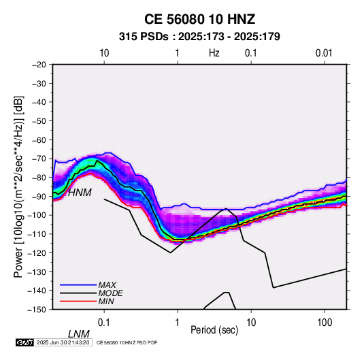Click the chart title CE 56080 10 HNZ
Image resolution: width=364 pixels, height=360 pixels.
tap(199, 19)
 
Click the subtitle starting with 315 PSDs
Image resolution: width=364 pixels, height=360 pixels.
tap(199, 37)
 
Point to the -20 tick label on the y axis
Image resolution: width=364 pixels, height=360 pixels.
tap(39, 65)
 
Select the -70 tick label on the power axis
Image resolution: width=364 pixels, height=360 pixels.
tap(39, 159)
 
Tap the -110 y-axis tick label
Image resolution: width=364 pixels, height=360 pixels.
tap(37, 234)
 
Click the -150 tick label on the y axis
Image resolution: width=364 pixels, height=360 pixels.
tap(37, 310)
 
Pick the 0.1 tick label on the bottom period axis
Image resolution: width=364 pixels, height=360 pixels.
tap(104, 323)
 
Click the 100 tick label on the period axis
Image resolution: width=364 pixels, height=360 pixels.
tap(325, 323)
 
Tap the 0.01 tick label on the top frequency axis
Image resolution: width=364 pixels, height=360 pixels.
tap(324, 53)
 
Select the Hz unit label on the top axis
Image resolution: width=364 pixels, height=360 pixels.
tap(214, 53)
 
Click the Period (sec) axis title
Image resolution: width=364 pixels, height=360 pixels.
tap(214, 330)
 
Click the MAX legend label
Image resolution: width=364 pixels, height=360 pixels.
tap(107, 284)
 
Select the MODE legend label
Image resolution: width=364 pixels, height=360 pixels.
tap(110, 293)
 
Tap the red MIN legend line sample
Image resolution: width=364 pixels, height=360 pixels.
tap(78, 301)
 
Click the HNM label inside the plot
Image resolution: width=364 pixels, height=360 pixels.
tap(80, 193)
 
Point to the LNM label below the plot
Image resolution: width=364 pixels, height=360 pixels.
tap(79, 334)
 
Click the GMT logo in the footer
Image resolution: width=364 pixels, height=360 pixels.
tap(24, 342)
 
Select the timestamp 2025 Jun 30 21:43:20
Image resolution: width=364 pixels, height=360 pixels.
tap(63, 342)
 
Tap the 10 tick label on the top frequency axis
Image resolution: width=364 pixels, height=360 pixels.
tap(104, 53)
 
